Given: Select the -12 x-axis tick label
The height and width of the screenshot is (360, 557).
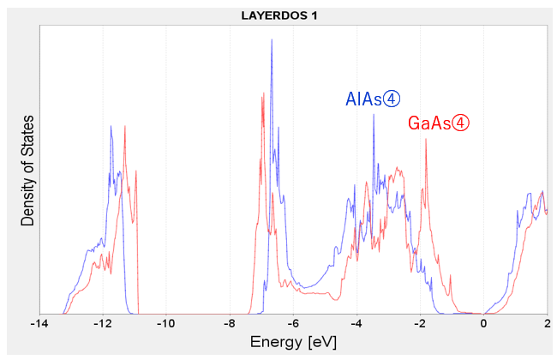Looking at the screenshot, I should point(102,324).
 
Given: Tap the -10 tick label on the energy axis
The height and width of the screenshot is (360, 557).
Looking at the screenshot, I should point(165,324).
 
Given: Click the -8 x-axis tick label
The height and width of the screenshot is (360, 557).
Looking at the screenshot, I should point(230,324).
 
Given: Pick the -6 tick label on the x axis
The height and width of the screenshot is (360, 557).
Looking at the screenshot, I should point(293,324).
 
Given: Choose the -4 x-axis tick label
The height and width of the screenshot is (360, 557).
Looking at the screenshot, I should point(356,324).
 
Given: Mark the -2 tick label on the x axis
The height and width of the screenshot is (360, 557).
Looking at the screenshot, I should point(420,324).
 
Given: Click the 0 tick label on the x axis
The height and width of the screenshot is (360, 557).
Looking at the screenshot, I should point(484,324).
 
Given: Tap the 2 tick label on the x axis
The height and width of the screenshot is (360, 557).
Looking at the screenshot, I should point(547,324).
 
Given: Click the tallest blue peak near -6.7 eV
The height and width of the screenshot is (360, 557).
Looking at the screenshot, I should point(272,41).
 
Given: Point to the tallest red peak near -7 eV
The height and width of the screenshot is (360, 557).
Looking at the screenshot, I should point(261,93).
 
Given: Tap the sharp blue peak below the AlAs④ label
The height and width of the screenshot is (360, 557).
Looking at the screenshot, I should point(374,115).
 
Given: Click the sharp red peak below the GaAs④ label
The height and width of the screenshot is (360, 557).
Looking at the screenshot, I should point(425,140).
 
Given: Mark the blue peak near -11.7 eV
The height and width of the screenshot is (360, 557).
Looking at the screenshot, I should point(111,127).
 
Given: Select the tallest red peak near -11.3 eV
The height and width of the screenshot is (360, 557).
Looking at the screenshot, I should point(125,128).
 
